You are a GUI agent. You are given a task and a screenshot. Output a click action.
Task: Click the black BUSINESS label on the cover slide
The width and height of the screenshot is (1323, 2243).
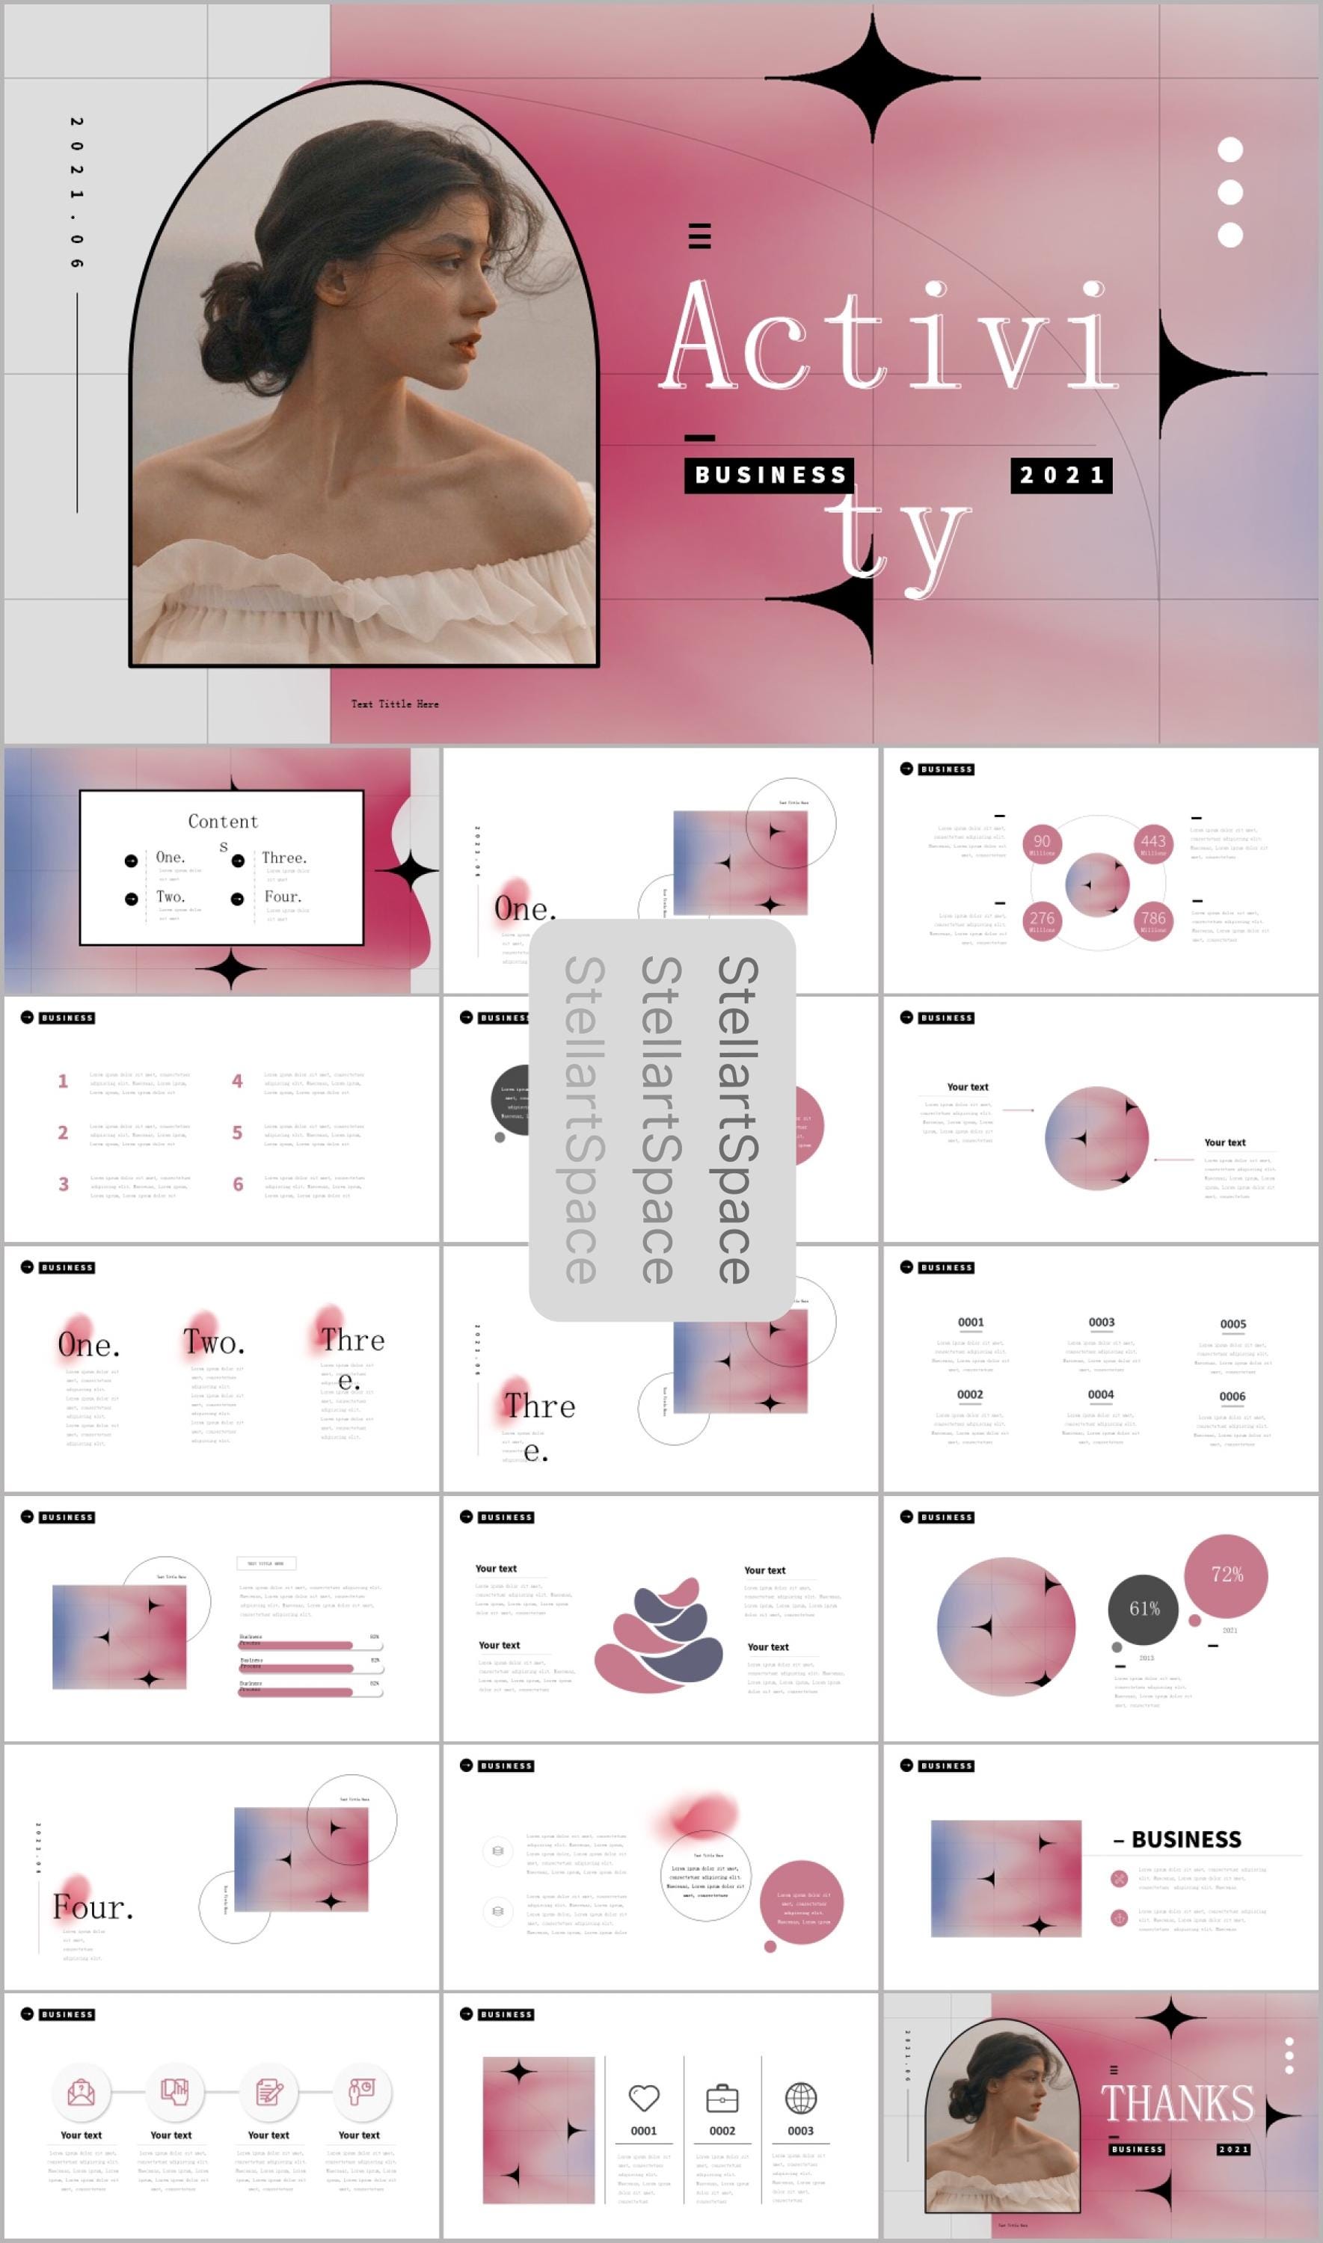point(770,475)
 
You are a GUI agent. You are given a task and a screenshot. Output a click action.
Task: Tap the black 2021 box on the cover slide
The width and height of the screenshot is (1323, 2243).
point(1061,475)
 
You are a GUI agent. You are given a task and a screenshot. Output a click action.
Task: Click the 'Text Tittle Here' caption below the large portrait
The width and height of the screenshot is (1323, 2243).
point(395,704)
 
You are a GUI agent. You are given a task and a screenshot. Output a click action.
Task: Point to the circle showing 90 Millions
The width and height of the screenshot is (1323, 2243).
point(1041,843)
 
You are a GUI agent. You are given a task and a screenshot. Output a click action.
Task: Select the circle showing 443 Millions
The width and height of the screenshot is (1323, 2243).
point(1152,843)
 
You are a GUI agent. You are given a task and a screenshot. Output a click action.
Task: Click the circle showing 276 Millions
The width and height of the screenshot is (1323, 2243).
point(1041,920)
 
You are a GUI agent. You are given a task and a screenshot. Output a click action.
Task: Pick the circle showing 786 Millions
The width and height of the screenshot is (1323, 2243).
point(1152,920)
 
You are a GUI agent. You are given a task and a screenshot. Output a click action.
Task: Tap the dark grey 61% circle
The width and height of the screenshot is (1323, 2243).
point(1143,1608)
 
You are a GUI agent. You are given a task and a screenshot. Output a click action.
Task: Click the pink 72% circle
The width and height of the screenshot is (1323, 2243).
point(1226,1575)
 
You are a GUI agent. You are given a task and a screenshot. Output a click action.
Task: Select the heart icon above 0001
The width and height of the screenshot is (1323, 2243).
point(644,2098)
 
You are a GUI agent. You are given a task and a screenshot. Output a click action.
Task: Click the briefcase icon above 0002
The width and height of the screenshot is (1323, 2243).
point(722,2099)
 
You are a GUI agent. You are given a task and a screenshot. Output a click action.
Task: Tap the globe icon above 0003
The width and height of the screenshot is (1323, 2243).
point(800,2098)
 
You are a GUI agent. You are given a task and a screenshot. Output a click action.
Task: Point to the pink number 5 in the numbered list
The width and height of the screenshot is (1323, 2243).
point(237,1133)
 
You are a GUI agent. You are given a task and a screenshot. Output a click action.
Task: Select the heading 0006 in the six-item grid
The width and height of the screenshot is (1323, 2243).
point(1232,1397)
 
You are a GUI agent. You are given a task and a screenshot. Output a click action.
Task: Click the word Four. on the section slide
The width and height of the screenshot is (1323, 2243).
point(93,1907)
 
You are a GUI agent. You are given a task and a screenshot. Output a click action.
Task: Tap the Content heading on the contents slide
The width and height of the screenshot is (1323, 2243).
point(223,822)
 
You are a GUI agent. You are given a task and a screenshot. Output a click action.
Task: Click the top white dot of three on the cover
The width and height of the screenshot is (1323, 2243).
point(1230,150)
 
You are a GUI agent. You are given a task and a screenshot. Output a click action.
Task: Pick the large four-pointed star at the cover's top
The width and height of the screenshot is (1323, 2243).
point(872,79)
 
